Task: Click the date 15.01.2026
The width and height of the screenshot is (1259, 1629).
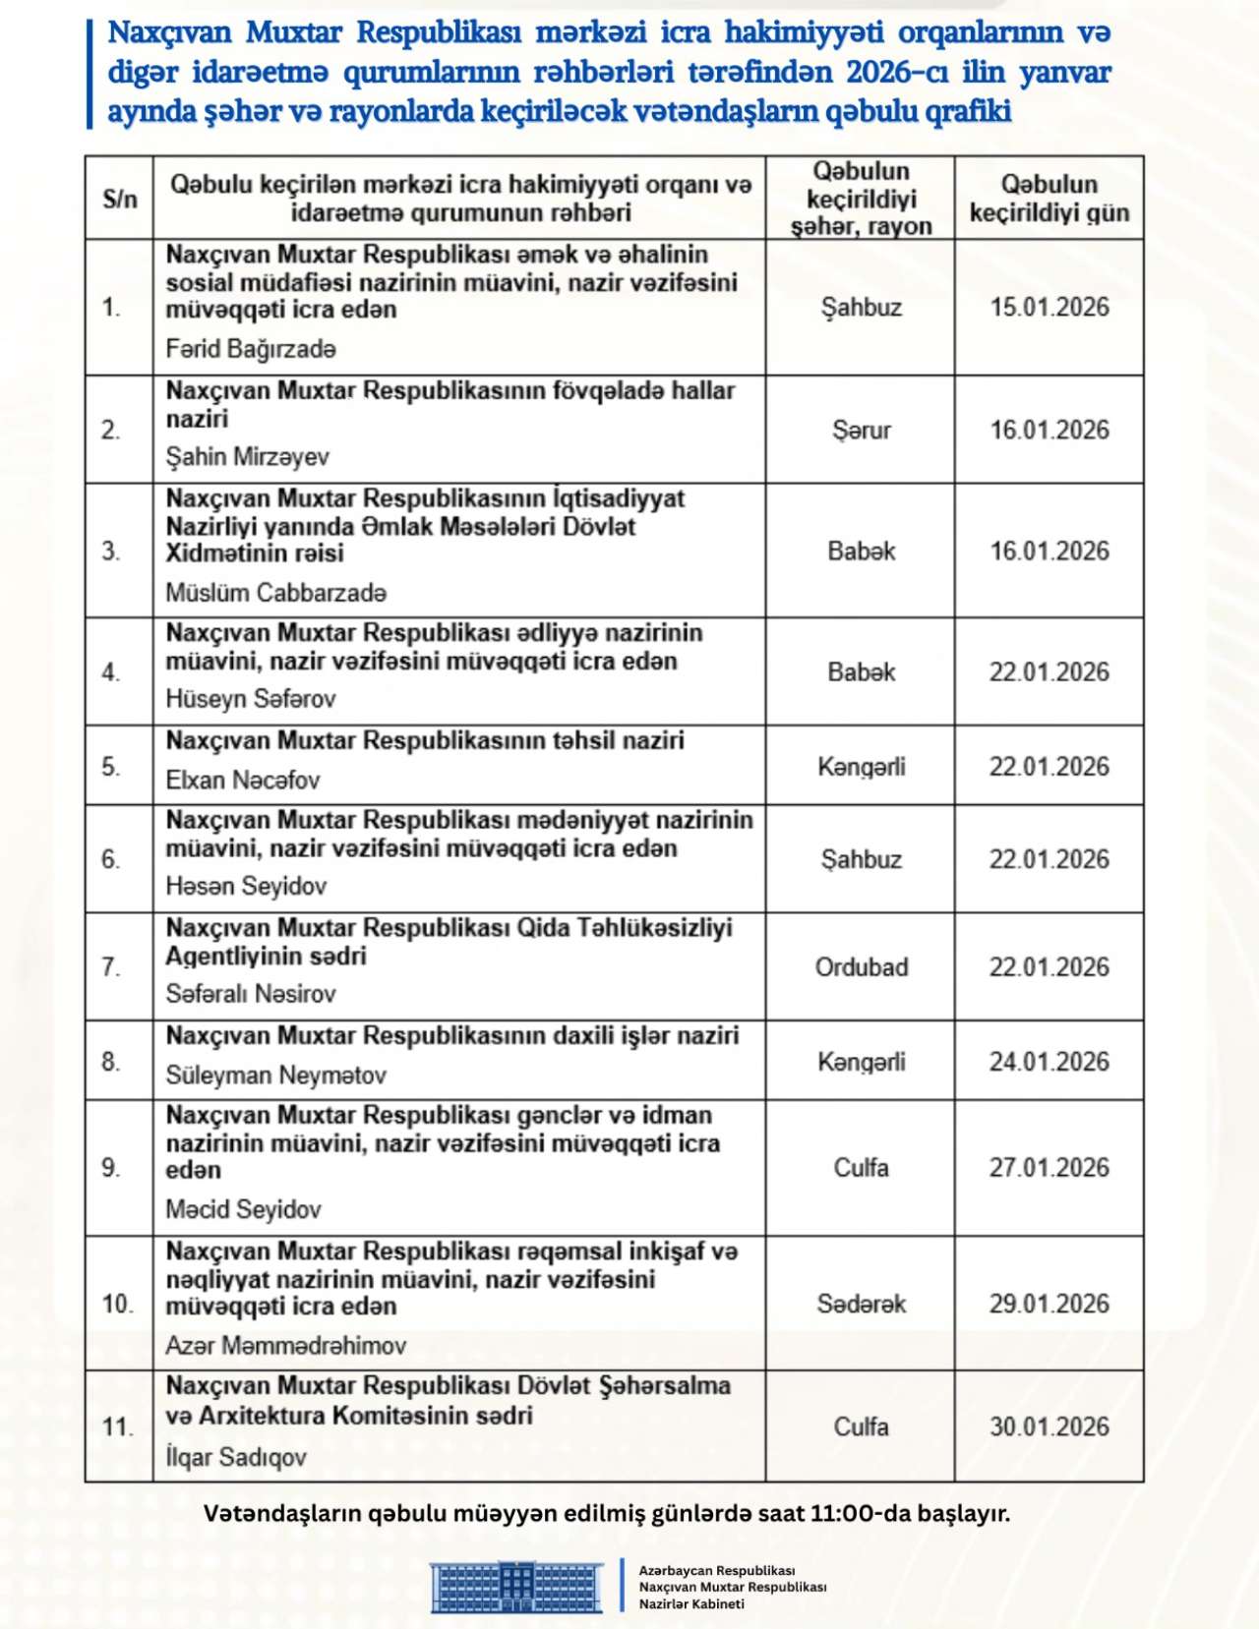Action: pos(1049,308)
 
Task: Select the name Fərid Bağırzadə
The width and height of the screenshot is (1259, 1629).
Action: pos(251,349)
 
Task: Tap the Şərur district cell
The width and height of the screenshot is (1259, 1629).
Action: pos(862,431)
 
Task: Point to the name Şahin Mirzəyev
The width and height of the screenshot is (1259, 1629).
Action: pos(247,457)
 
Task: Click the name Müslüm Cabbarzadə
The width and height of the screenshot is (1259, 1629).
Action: pos(275,593)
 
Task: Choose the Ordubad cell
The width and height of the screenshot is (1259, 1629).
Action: pos(862,967)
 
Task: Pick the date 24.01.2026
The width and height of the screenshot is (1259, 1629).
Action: pos(1049,1062)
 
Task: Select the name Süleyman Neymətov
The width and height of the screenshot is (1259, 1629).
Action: pos(275,1076)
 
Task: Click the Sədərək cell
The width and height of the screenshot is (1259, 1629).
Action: pos(862,1305)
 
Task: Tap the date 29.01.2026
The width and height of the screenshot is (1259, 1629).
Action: pos(1049,1305)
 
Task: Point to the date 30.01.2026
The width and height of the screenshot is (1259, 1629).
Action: pos(1049,1427)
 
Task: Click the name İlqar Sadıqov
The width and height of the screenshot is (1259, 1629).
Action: pos(236,1457)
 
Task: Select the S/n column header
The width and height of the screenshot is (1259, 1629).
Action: pos(119,199)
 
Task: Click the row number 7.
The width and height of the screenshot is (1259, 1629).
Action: pos(111,967)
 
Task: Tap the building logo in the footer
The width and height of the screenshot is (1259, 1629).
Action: pos(516,1587)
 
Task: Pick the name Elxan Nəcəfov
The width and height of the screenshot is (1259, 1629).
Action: pos(242,781)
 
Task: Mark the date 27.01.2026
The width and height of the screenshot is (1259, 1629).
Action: pos(1049,1168)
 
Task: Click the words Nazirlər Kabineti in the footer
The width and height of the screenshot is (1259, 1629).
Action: pos(691,1604)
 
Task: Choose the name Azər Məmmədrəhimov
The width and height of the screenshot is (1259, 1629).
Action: pos(285,1346)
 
